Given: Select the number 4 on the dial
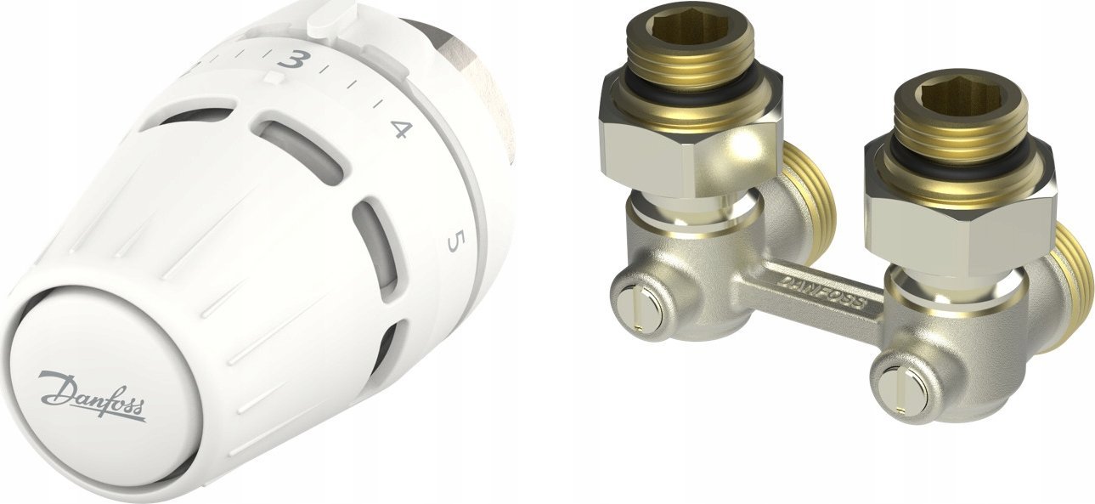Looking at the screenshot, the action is (401, 130).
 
